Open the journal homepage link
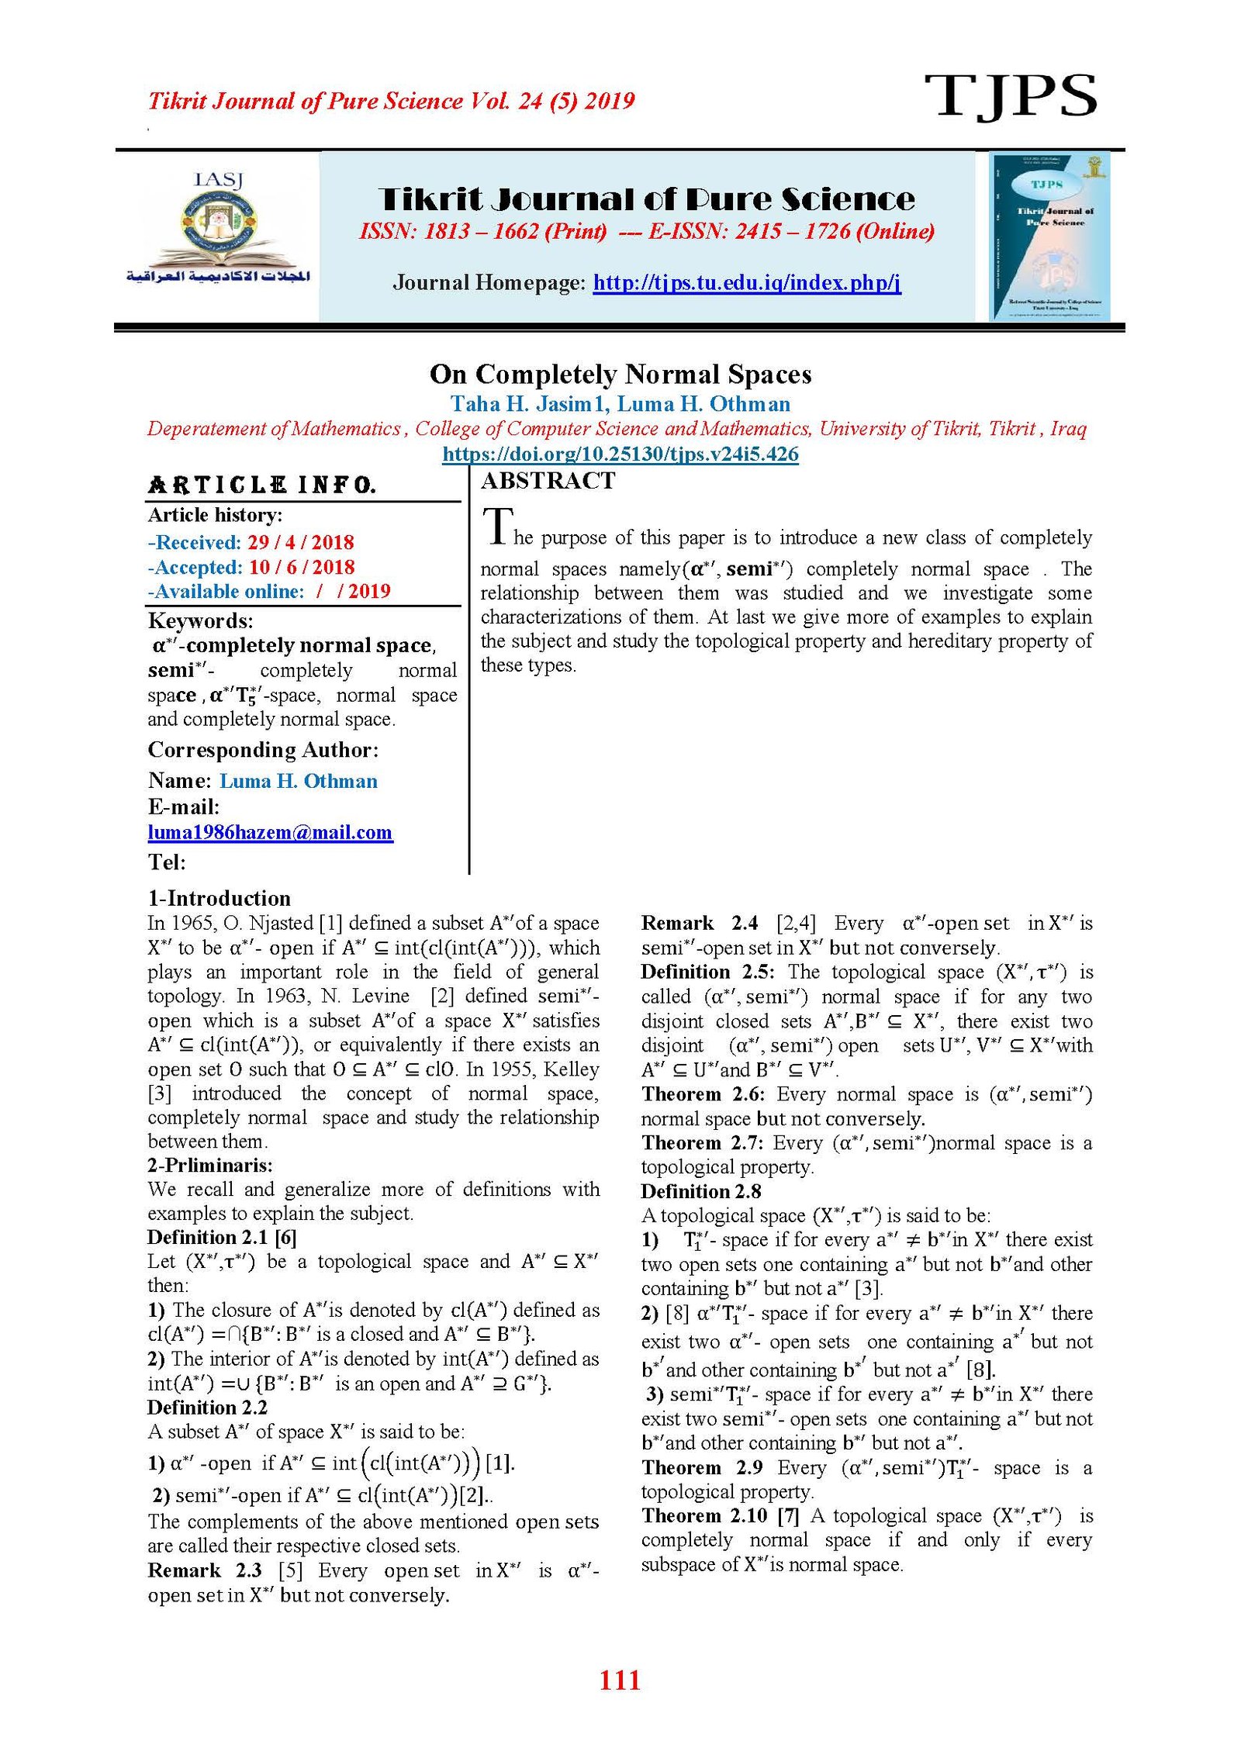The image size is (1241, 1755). pyautogui.click(x=746, y=282)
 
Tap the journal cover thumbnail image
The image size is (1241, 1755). pyautogui.click(x=1050, y=237)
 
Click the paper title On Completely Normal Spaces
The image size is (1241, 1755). pyautogui.click(x=620, y=375)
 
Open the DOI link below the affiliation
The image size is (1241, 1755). pyautogui.click(x=620, y=454)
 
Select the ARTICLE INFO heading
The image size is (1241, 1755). pyautogui.click(x=262, y=485)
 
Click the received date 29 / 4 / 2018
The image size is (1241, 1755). pyautogui.click(x=301, y=542)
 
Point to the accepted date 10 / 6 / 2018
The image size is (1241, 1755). pyautogui.click(x=302, y=567)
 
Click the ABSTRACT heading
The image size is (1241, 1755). pyautogui.click(x=548, y=481)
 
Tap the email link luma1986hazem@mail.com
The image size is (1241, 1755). pyautogui.click(x=270, y=832)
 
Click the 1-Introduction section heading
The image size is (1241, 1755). pyautogui.click(x=220, y=898)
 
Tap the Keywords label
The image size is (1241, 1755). pyautogui.click(x=200, y=620)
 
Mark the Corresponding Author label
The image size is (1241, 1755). pyautogui.click(x=263, y=750)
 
